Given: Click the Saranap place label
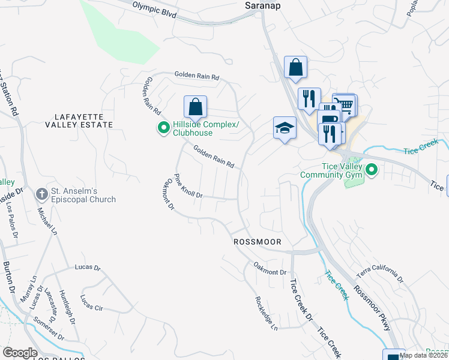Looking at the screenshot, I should click(264, 5).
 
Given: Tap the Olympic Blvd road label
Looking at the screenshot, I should click(154, 10).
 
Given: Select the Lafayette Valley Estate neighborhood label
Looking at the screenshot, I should click(79, 120).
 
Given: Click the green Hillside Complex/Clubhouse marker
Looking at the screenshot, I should click(163, 128).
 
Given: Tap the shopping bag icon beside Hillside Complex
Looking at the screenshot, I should click(195, 107).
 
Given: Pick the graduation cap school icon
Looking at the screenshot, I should click(285, 128).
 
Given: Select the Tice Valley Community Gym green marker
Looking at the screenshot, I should click(372, 171).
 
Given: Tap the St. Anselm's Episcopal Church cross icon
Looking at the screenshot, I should click(41, 194).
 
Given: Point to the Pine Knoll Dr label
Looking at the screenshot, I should click(188, 187).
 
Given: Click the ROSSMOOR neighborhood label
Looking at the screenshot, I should click(257, 241).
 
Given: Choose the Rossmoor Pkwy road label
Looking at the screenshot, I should click(372, 306).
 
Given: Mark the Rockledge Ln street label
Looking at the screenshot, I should click(267, 313).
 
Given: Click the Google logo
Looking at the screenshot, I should click(20, 353).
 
